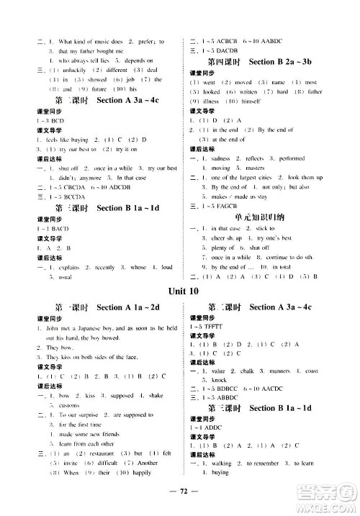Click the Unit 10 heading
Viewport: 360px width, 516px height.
180,291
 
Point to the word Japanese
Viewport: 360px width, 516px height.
83,327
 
